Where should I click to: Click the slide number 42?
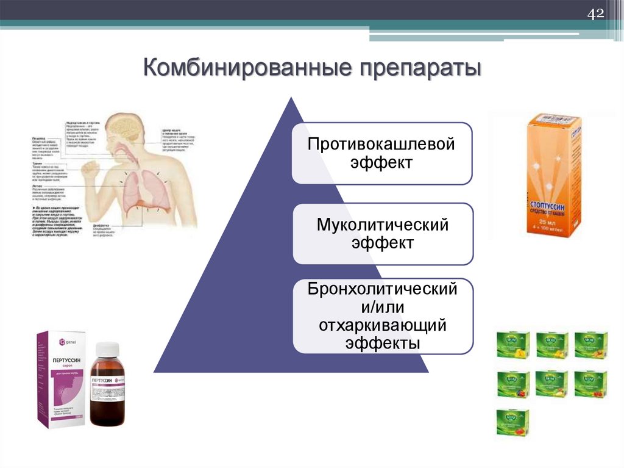click(595, 13)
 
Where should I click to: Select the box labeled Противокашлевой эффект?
click(382, 153)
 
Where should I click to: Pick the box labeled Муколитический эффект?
click(382, 234)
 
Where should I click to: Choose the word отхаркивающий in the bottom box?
click(383, 325)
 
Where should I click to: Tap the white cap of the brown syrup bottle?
click(108, 350)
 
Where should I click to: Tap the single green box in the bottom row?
click(512, 422)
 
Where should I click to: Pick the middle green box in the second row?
click(551, 384)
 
